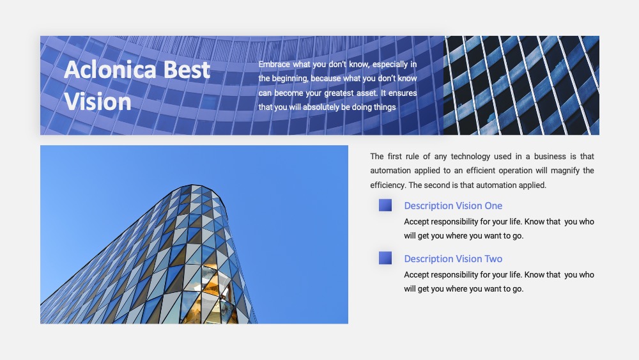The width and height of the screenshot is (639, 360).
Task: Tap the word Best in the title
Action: (x=187, y=70)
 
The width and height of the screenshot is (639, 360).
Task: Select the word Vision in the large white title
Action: (x=97, y=102)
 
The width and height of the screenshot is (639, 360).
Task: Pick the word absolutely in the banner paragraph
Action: (x=321, y=107)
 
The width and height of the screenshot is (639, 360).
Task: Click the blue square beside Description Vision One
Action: (x=385, y=205)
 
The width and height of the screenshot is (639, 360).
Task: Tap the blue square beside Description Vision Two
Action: (x=385, y=258)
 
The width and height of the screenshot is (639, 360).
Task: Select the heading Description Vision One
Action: (x=453, y=206)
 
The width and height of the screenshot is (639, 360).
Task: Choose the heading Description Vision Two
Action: (x=453, y=259)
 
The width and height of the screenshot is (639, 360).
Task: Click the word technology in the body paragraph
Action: (x=470, y=157)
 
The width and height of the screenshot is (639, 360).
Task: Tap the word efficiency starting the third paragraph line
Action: (x=388, y=185)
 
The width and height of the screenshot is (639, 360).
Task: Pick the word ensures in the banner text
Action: (x=403, y=93)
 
